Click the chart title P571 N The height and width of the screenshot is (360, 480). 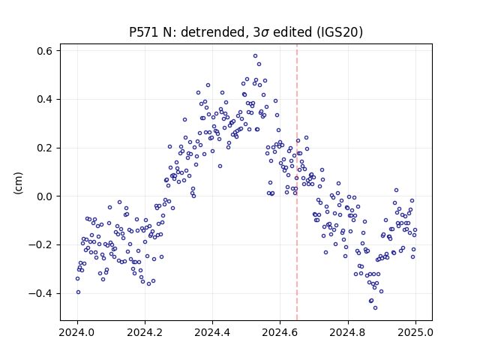click(x=246, y=31)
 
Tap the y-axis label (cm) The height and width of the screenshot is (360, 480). click(x=18, y=183)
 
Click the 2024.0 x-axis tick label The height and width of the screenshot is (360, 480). click(x=77, y=332)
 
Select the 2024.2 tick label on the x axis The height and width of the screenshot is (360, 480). click(x=145, y=332)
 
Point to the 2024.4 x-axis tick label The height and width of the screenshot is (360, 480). click(x=212, y=332)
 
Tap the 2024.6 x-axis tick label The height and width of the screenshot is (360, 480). click(x=280, y=332)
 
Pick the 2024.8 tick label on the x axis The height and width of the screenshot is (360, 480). click(x=347, y=332)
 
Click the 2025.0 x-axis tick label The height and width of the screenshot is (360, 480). click(x=415, y=332)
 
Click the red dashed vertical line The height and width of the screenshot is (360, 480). click(x=297, y=182)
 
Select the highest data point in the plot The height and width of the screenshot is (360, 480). click(x=255, y=56)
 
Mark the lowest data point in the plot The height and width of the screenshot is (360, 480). click(x=375, y=308)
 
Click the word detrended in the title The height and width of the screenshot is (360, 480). click(x=214, y=31)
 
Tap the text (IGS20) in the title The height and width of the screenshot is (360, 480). click(x=340, y=32)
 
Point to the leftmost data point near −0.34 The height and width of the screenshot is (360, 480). click(x=77, y=278)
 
